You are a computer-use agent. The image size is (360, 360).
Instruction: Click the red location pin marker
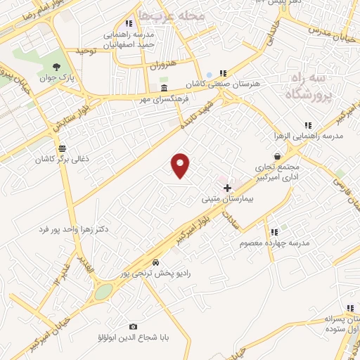click(181, 165)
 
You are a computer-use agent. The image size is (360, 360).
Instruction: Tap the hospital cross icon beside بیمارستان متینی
click(226, 188)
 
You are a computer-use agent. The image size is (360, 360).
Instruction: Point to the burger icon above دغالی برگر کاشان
click(63, 148)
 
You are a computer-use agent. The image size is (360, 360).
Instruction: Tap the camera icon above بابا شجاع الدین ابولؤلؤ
click(133, 326)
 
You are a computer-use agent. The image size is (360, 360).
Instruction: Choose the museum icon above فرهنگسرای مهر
click(164, 89)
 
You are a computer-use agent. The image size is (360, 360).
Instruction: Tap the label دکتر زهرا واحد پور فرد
click(64, 229)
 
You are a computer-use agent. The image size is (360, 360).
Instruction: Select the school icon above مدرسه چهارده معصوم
click(274, 231)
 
